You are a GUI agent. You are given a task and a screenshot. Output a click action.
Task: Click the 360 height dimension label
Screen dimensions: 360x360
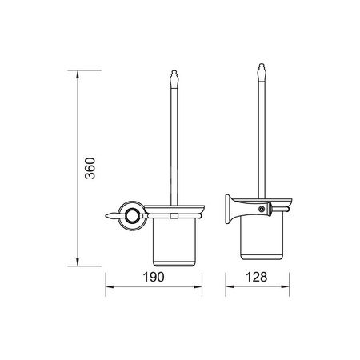tap(90, 168)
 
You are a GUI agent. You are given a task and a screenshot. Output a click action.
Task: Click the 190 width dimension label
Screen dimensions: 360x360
tap(154, 277)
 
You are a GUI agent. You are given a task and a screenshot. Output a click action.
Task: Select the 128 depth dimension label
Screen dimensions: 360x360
tap(256, 277)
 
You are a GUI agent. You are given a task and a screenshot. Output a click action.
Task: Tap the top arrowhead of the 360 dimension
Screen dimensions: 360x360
tap(78, 74)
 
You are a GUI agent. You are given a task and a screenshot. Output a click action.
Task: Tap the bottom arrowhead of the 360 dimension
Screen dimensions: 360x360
tap(78, 262)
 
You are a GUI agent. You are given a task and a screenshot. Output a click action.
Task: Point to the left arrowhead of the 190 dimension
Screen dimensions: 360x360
tap(110, 287)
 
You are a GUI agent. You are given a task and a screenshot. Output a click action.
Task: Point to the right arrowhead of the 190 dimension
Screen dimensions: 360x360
tap(198, 287)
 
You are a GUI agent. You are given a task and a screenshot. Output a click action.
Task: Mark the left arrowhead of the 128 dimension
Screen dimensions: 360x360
tap(230, 287)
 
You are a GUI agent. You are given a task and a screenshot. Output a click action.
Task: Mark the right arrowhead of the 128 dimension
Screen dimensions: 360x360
tap(286, 287)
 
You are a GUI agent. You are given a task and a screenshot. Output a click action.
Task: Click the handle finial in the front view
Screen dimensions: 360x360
tap(174, 79)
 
